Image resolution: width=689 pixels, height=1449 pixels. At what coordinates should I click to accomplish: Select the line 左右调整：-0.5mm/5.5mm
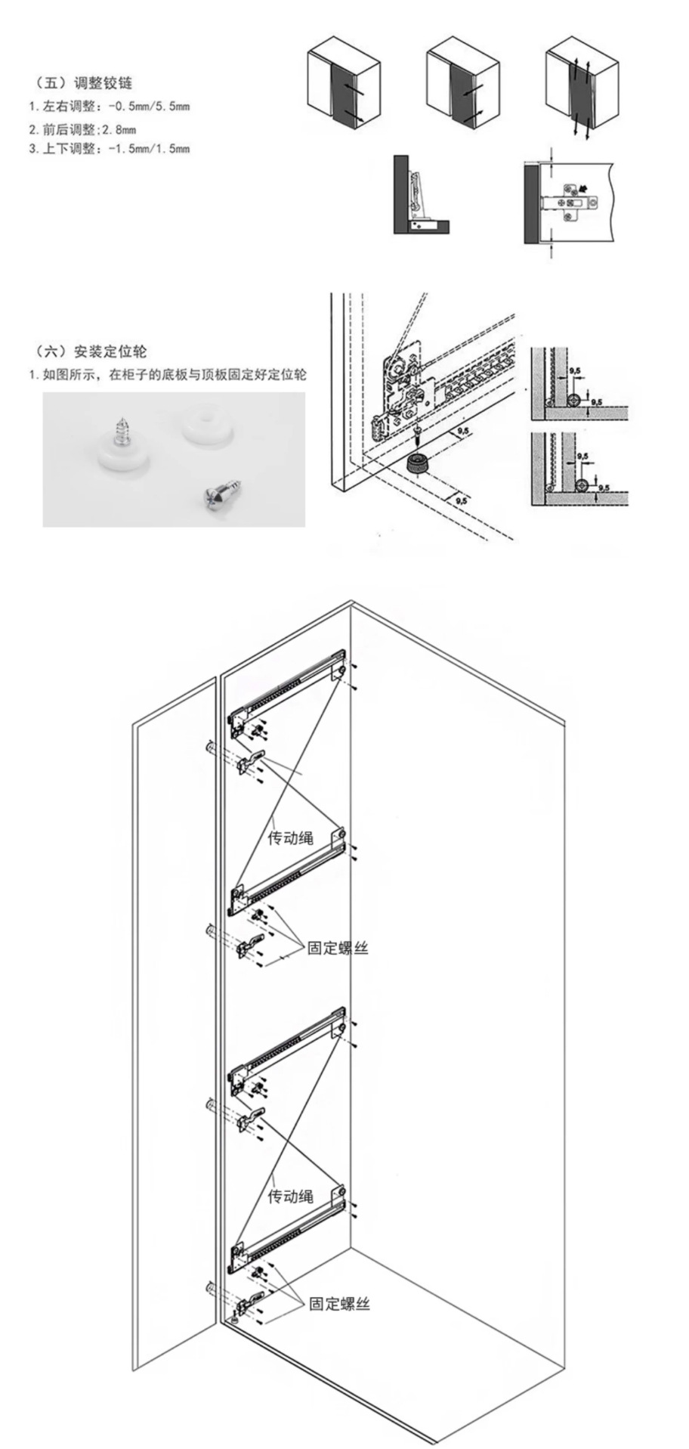pos(109,107)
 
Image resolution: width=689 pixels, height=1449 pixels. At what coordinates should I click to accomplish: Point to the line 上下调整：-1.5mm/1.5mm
pos(109,149)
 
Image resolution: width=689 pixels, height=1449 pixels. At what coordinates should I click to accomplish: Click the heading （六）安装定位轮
pos(91,351)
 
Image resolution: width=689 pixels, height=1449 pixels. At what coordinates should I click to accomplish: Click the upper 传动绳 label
pos(290,838)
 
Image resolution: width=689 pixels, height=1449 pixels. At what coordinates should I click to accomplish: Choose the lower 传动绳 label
pos(290,1196)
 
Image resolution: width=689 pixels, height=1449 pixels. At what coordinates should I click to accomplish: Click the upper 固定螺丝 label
pos(338,948)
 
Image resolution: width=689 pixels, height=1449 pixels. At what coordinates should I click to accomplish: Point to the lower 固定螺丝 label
pos(339,1303)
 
